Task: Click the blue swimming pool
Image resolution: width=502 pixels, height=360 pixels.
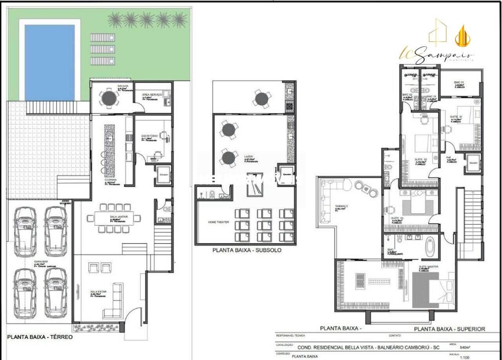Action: click(50, 62)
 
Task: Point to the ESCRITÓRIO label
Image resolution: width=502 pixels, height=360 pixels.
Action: click(149, 136)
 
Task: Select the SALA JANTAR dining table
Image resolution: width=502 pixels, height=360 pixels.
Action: click(113, 218)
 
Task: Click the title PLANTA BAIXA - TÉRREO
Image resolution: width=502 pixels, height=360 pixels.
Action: click(40, 337)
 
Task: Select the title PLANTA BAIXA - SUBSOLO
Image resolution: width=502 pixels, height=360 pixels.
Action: click(247, 250)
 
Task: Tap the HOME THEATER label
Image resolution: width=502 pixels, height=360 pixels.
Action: click(218, 222)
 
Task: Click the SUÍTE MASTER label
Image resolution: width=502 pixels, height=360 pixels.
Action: click(429, 267)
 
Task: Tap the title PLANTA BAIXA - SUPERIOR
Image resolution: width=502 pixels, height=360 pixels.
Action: click(449, 329)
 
